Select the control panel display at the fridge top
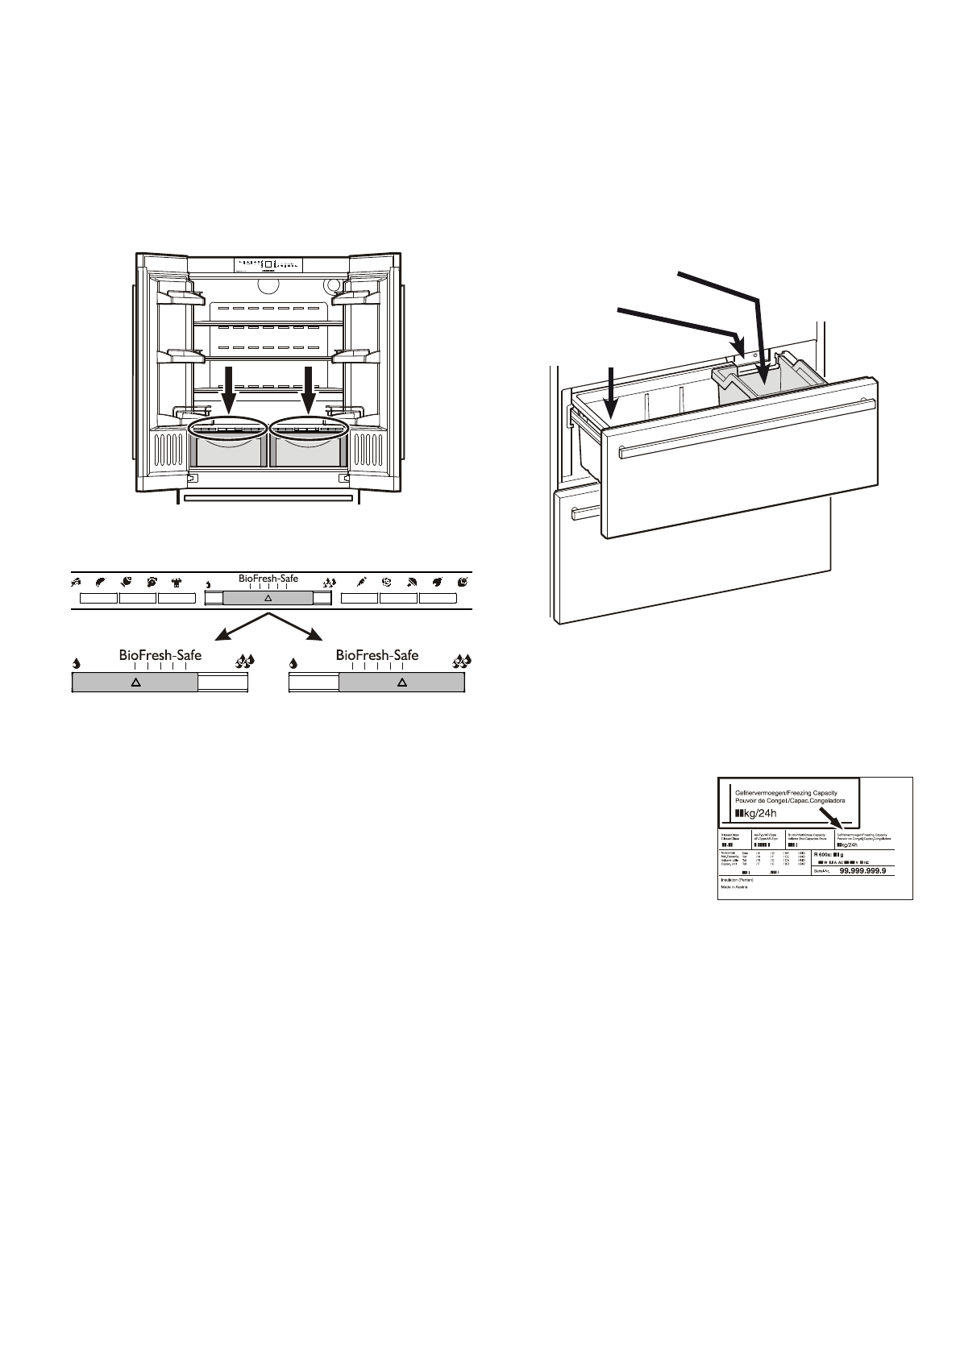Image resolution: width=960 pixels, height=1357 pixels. [x=268, y=264]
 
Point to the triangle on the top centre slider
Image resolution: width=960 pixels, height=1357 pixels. [x=268, y=599]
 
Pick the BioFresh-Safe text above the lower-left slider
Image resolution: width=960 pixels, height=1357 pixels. [x=160, y=655]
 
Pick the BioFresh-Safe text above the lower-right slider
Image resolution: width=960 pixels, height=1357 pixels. [x=377, y=655]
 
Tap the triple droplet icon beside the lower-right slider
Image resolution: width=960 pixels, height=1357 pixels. [x=462, y=663]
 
